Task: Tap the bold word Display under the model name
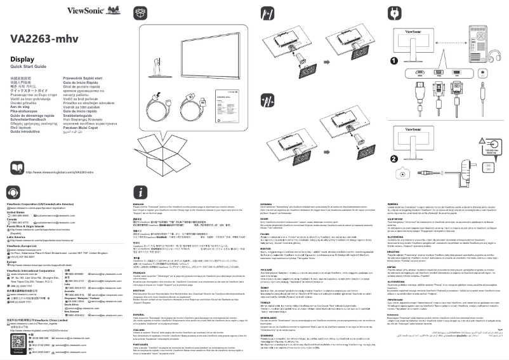(x=22, y=59)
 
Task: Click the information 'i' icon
(x=141, y=192)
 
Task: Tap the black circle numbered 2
(x=394, y=158)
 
